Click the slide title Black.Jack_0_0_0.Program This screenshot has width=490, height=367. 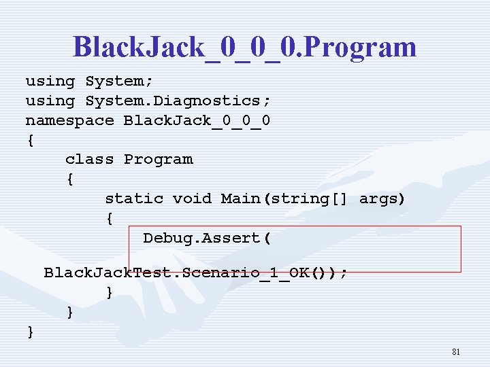[x=244, y=46]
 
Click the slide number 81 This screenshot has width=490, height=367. [x=456, y=352]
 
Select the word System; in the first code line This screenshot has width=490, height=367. [x=114, y=81]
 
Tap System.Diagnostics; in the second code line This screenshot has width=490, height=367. [x=178, y=101]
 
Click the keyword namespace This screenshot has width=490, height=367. [x=69, y=120]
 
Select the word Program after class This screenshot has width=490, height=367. [x=159, y=159]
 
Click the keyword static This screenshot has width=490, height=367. [x=134, y=198]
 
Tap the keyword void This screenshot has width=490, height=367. [x=192, y=198]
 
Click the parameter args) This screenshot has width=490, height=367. [x=382, y=198]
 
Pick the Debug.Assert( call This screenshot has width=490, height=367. [x=207, y=238]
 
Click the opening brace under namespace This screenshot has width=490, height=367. [x=30, y=141]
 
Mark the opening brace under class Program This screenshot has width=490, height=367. [x=69, y=180]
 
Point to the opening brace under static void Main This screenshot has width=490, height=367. [x=109, y=219]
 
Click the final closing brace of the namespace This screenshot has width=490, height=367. [x=30, y=332]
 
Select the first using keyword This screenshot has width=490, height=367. [x=50, y=81]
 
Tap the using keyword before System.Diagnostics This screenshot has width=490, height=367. [x=50, y=101]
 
